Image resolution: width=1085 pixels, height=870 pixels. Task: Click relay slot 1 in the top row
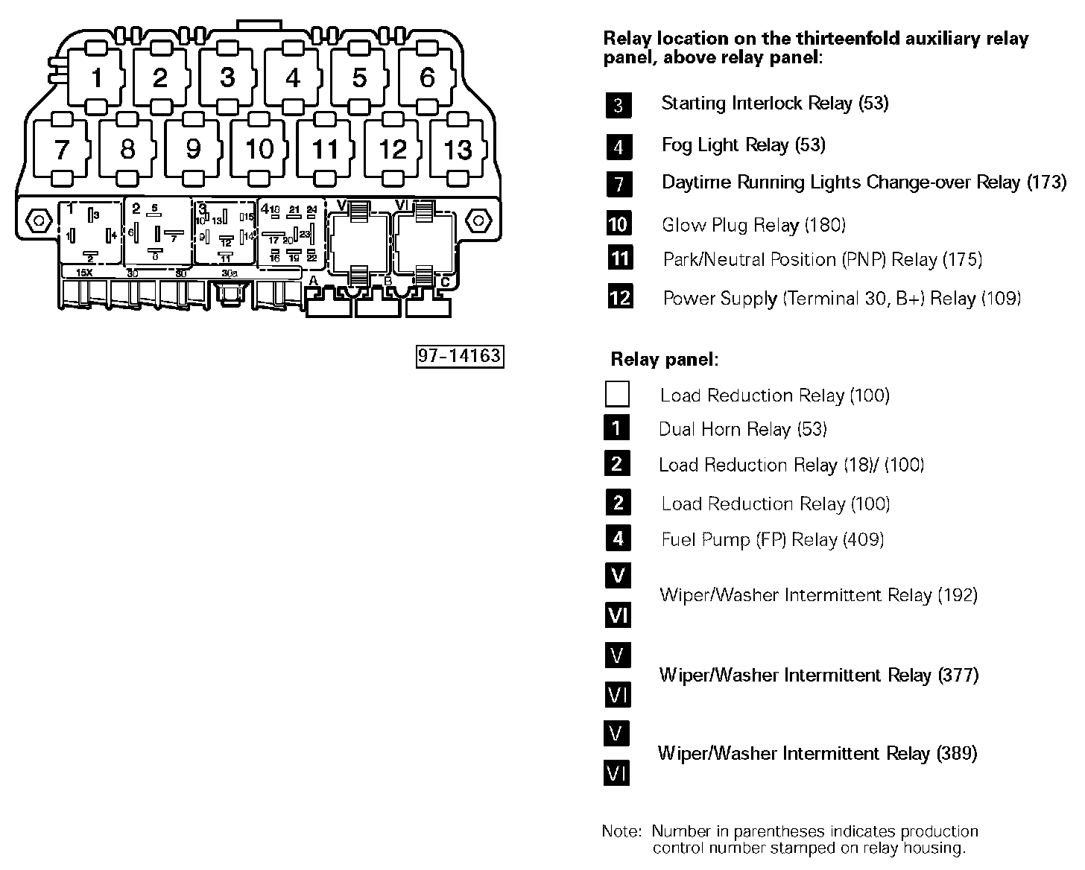tap(95, 77)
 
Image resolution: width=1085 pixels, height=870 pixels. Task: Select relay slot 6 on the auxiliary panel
tap(427, 77)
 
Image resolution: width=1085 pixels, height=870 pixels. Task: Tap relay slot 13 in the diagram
tap(458, 150)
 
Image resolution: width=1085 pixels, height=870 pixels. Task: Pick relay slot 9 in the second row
tap(193, 150)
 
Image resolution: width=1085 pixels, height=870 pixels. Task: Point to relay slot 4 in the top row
tap(293, 77)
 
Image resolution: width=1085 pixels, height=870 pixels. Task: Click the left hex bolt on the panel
tap(36, 220)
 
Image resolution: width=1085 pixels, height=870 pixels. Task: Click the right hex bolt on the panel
tap(478, 220)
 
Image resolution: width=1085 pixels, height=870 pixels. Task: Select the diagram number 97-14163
tap(459, 356)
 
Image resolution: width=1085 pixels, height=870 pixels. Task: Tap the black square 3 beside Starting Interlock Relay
tap(619, 105)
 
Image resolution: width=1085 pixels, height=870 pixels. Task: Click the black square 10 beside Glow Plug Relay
tap(619, 223)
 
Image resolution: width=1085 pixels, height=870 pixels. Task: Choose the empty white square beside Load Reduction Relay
tap(617, 394)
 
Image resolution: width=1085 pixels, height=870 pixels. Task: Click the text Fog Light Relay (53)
tap(743, 145)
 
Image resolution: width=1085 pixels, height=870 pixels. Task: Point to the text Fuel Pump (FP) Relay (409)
tap(772, 539)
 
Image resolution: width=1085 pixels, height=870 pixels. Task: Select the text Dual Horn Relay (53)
tap(742, 429)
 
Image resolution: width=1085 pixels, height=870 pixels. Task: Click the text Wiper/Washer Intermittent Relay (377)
tap(818, 675)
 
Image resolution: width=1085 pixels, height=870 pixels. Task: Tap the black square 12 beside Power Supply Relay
tap(619, 297)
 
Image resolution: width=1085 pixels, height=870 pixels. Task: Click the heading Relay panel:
tap(664, 360)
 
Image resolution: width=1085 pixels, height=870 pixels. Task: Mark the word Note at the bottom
tap(621, 831)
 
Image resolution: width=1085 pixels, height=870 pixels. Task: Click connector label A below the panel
tap(314, 281)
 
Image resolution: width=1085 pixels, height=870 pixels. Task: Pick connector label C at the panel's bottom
tap(445, 282)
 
